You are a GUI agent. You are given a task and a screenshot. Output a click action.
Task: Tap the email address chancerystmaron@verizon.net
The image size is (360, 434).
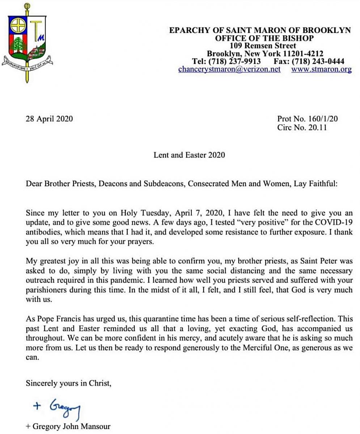click(x=229, y=69)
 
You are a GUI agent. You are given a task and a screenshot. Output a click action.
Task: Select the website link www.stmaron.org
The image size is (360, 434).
click(x=321, y=69)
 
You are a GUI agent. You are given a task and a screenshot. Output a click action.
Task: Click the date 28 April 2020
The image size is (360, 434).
click(x=49, y=118)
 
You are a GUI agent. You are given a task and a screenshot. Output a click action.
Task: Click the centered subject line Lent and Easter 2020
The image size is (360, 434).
click(x=189, y=155)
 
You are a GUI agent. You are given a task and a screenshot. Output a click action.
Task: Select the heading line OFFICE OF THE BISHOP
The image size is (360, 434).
click(x=264, y=38)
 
